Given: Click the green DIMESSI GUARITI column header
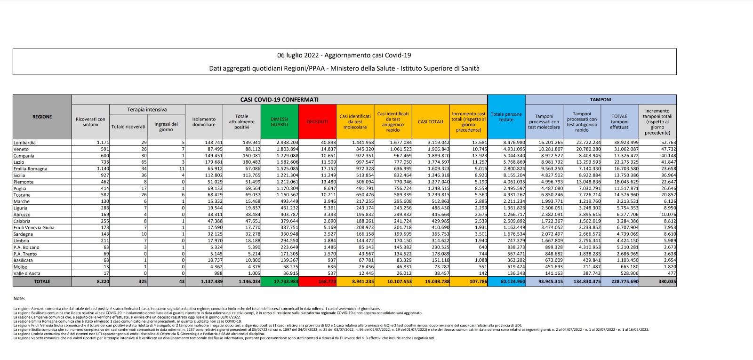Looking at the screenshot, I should point(279,122).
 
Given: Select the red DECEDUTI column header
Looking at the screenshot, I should point(317,122).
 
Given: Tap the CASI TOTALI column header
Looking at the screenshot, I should point(431,122).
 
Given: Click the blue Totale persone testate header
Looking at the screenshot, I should point(506,117).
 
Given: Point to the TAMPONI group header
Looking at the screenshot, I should point(601,100).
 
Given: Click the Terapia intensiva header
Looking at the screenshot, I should point(147,110).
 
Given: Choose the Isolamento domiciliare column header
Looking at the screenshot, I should point(204,122).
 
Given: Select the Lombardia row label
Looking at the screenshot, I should point(24,143).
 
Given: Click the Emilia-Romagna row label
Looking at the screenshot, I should point(31,169).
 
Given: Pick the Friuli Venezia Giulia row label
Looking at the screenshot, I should point(34,228).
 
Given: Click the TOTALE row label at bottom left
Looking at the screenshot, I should point(42,281).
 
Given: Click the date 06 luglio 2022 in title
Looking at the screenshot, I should point(298,56).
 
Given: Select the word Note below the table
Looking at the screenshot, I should point(19,298).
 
